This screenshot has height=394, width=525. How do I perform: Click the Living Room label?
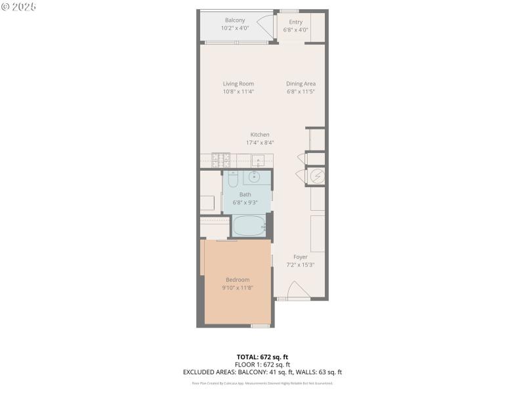(x=238, y=83)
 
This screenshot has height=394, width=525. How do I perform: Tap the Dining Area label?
(x=301, y=83)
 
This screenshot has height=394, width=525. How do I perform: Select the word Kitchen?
(x=260, y=135)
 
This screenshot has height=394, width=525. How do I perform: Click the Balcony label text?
(x=235, y=20)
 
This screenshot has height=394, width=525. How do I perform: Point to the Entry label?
(x=295, y=22)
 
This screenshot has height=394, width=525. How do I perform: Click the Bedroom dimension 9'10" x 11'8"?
(x=238, y=288)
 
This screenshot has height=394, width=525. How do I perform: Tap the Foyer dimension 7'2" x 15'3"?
(x=301, y=265)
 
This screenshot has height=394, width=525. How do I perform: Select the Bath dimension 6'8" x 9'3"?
(x=245, y=202)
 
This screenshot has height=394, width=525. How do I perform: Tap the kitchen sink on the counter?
(x=259, y=160)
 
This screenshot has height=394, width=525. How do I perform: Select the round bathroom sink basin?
(x=253, y=177)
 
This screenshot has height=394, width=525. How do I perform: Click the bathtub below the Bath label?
(x=249, y=227)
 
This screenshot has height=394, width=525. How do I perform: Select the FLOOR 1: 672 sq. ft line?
(x=262, y=364)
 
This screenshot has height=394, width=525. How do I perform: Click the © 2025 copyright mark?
(x=18, y=7)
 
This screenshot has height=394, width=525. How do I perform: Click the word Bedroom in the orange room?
(x=238, y=280)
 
